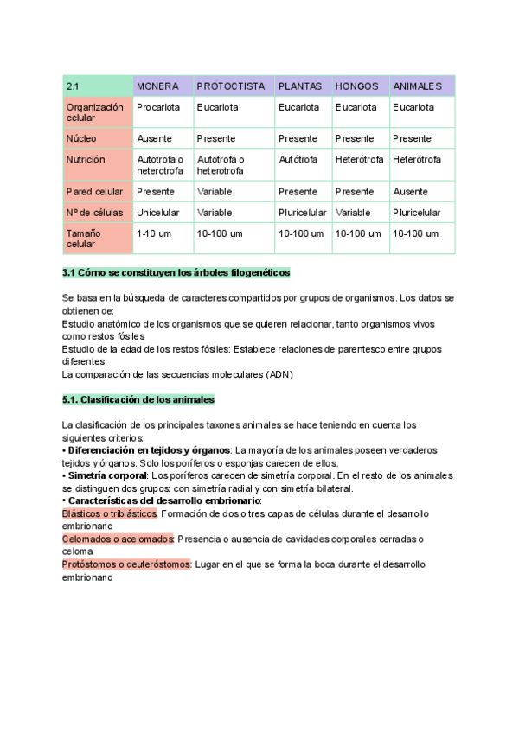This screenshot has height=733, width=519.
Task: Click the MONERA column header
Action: click(x=158, y=86)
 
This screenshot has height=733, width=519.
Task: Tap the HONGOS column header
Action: click(x=356, y=86)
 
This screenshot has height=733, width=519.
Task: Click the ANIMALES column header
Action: click(x=417, y=86)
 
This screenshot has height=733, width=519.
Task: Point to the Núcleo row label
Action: click(x=81, y=138)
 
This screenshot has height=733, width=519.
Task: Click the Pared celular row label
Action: click(x=94, y=191)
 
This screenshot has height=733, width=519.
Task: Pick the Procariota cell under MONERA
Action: click(x=158, y=107)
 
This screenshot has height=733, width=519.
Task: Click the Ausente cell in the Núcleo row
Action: click(x=154, y=138)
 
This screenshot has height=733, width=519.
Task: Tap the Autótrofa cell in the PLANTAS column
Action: click(x=298, y=159)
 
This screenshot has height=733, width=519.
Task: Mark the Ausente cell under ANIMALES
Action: click(x=410, y=191)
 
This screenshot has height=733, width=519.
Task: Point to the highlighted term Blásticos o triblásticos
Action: click(x=110, y=513)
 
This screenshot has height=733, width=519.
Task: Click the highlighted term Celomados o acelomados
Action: click(x=118, y=539)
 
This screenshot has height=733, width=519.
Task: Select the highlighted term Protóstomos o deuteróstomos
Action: click(x=126, y=564)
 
